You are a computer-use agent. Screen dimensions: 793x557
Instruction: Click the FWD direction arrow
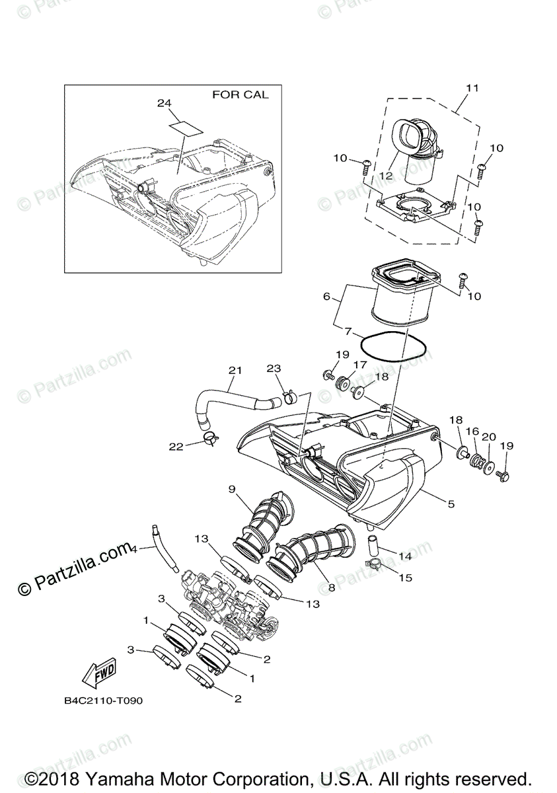(98, 673)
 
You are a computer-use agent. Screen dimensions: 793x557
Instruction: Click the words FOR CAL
(240, 94)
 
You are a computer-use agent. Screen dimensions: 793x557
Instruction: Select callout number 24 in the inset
(164, 103)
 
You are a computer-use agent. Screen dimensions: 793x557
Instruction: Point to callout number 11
(472, 87)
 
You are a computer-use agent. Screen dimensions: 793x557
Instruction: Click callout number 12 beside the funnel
(386, 175)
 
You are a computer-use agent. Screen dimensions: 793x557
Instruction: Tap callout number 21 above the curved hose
(236, 370)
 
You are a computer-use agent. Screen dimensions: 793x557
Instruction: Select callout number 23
(274, 369)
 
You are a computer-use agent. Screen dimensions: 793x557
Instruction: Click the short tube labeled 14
(373, 546)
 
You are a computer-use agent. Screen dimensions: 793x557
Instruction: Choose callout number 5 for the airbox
(451, 504)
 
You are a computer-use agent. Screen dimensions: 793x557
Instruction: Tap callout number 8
(331, 587)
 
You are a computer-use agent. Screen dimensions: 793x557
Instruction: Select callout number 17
(360, 363)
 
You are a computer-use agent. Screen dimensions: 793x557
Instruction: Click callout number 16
(472, 430)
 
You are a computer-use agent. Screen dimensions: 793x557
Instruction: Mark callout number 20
(489, 437)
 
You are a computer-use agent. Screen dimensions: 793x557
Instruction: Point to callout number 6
(326, 297)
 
